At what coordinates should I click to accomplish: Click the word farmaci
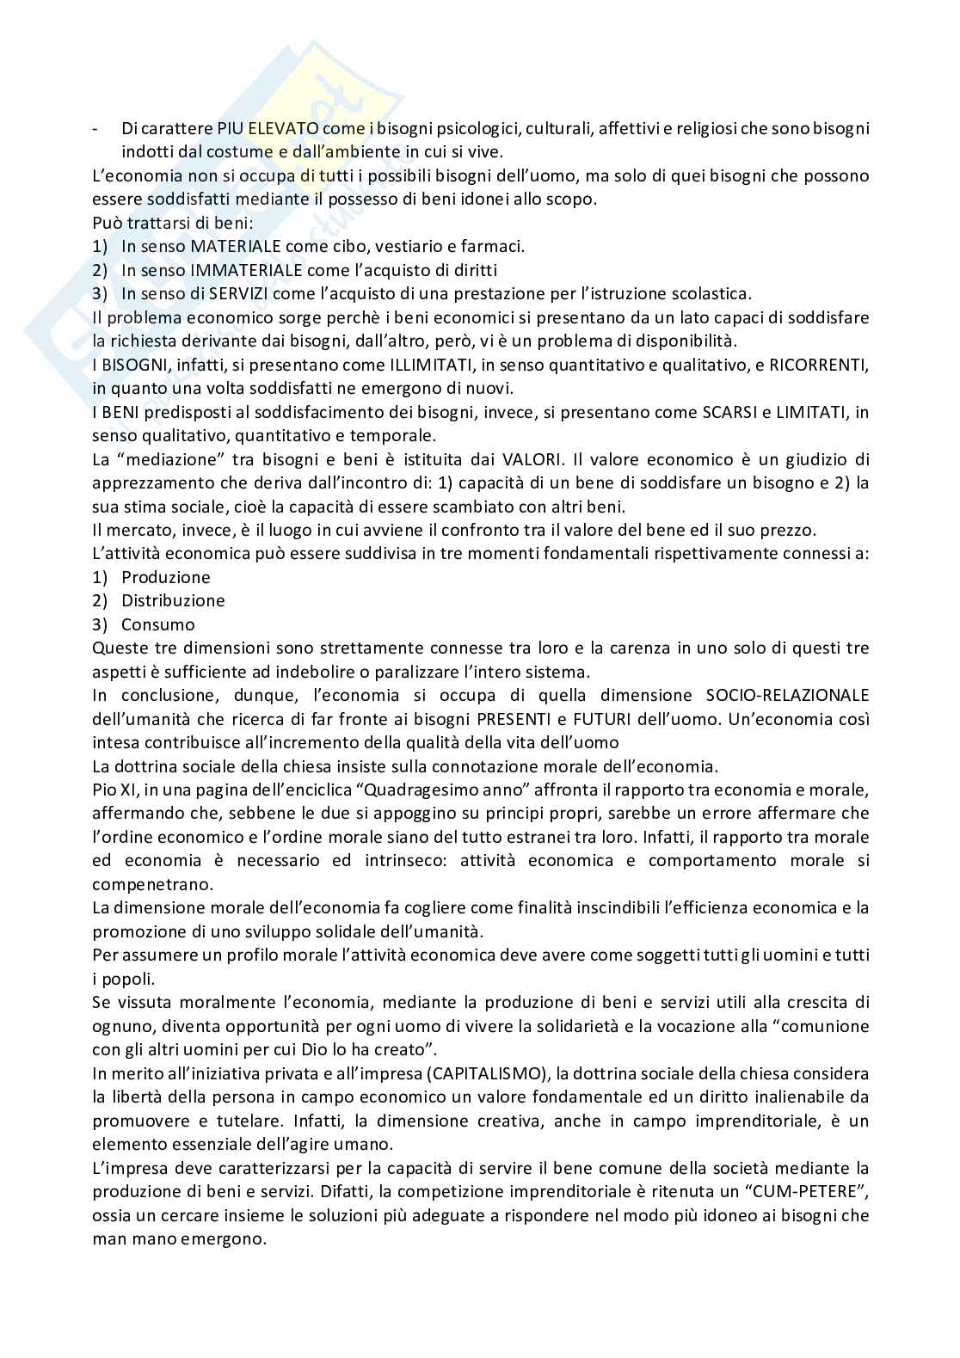pyautogui.click(x=495, y=246)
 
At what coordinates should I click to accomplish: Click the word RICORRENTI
pyautogui.click(x=816, y=365)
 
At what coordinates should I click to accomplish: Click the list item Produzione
pyautogui.click(x=165, y=577)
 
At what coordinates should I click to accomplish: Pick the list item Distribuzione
pyautogui.click(x=173, y=600)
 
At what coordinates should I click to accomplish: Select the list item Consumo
pyautogui.click(x=157, y=624)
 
